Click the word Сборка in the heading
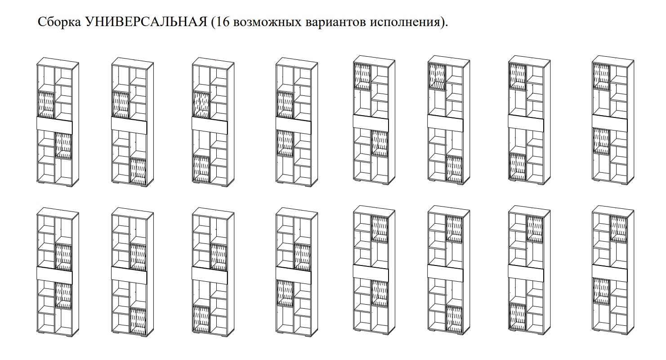tap(59, 22)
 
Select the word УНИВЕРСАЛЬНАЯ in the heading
tap(146, 22)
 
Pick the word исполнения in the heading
tap(404, 22)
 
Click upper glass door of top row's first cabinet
tap(46, 105)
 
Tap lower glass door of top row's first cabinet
tap(64, 145)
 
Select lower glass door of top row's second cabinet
tap(139, 171)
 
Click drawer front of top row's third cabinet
tap(210, 124)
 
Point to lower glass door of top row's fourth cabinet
tap(285, 143)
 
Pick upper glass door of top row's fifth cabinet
tap(362, 76)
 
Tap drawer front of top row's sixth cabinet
tap(445, 121)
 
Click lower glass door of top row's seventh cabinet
tap(518, 167)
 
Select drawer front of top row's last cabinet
tap(610, 123)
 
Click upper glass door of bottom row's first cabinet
tap(64, 257)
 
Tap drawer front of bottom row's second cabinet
tap(130, 274)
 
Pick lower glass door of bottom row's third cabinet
tap(201, 319)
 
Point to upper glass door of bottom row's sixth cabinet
tap(454, 229)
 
